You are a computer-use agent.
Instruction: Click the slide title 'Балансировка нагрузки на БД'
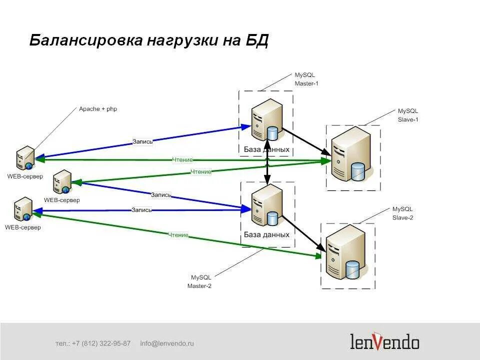(x=149, y=40)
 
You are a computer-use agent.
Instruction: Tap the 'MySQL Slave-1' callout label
(x=407, y=115)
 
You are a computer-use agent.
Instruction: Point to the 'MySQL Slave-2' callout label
(x=402, y=213)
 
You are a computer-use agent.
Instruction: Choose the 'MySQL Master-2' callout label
(x=200, y=281)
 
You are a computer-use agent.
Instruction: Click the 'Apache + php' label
(x=98, y=108)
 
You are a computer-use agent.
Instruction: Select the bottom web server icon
(x=23, y=209)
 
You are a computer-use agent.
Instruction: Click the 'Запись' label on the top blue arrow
(x=142, y=141)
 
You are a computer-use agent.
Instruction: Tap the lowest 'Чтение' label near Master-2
(x=178, y=235)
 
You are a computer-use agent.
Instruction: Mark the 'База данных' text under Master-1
(x=266, y=149)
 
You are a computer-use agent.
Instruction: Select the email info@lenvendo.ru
(x=167, y=343)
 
